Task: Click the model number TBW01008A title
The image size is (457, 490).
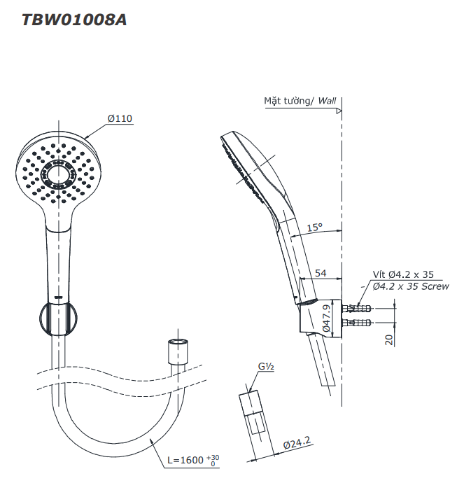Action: [x=74, y=20]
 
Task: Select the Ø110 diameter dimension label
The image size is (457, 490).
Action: [x=120, y=118]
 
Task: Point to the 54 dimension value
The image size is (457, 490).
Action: [x=321, y=272]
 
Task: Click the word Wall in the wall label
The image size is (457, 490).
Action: [x=327, y=101]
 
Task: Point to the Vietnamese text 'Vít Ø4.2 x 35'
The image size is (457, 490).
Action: [x=402, y=274]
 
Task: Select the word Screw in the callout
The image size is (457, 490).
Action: [x=434, y=286]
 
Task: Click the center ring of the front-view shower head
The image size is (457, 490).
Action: [x=58, y=171]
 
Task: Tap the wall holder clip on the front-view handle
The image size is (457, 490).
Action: [x=57, y=318]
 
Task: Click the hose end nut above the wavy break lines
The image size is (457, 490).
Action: [x=178, y=350]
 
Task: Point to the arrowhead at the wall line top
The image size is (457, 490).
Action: [x=338, y=111]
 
